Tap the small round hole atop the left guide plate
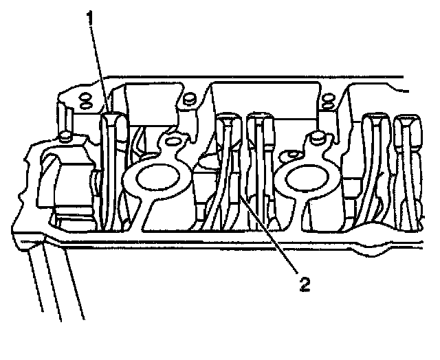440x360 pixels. pyautogui.click(x=173, y=143)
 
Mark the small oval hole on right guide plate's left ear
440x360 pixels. pyautogui.click(x=291, y=153)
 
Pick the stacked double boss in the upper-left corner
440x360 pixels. pyautogui.click(x=86, y=100)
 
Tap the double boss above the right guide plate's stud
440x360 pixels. pyautogui.click(x=329, y=102)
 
